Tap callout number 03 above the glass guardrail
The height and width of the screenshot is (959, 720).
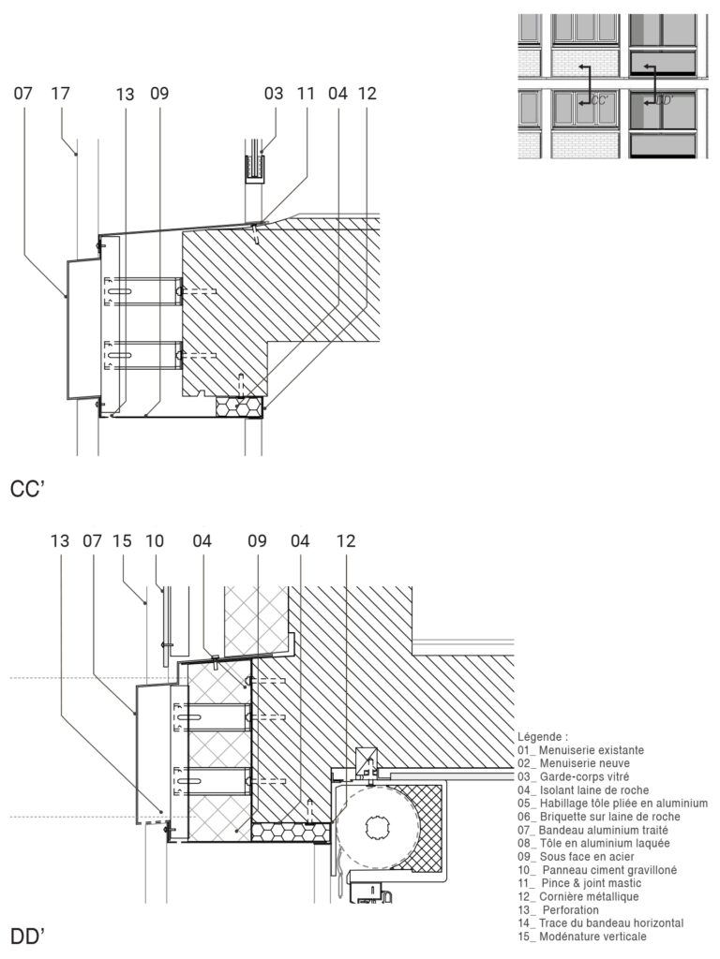(273, 94)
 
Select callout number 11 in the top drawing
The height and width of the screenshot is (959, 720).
(306, 94)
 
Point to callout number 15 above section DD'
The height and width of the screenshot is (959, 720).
(122, 540)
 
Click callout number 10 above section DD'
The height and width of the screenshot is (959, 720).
(155, 540)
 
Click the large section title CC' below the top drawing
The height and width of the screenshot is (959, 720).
(28, 488)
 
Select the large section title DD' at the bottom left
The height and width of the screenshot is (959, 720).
(28, 936)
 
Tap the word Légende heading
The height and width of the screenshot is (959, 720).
(543, 737)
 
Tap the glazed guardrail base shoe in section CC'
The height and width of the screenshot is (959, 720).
(254, 168)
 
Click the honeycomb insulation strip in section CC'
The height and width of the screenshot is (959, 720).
(240, 406)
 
